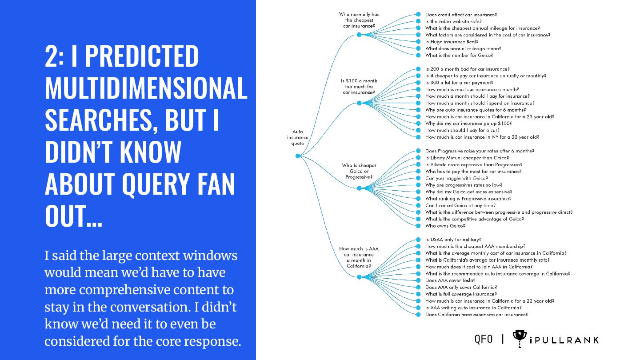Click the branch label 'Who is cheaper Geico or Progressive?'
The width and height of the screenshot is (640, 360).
click(x=359, y=171)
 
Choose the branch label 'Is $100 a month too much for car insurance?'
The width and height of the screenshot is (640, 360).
click(x=359, y=87)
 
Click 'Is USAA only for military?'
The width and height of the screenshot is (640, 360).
click(x=453, y=240)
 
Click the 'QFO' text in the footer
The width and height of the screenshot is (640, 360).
click(x=484, y=340)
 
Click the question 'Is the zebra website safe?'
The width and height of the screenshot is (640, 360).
click(x=453, y=21)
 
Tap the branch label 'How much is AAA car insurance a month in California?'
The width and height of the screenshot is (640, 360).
click(x=359, y=257)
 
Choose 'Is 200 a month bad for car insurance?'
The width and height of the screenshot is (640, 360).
click(x=467, y=69)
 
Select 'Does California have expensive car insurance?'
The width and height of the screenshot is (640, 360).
click(x=476, y=314)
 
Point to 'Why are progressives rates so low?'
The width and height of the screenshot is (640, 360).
click(x=464, y=185)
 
